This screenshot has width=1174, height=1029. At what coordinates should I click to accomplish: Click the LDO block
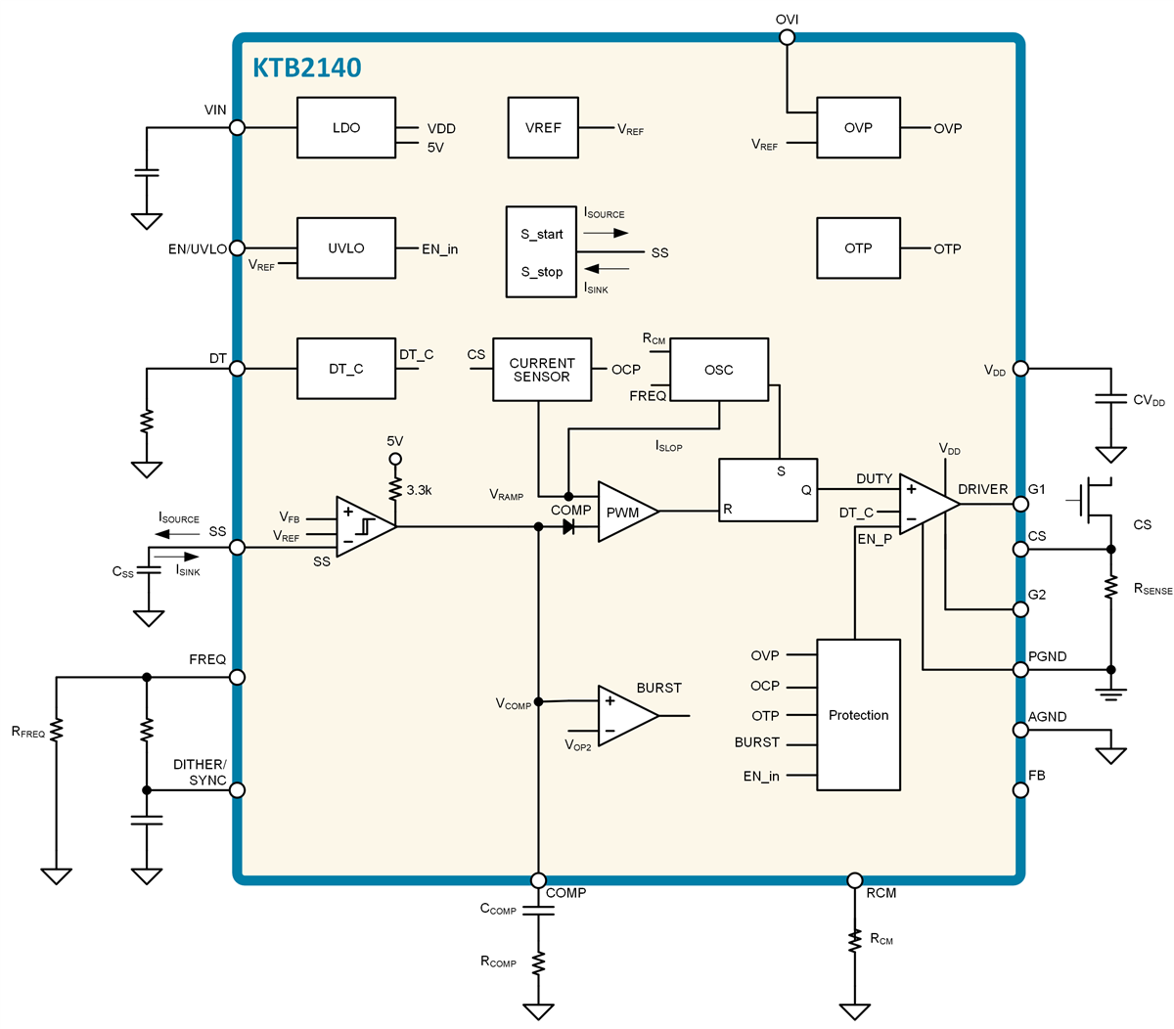[x=346, y=128]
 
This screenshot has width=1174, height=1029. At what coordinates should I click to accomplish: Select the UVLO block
[x=346, y=248]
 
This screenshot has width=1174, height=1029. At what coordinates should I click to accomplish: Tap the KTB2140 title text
[x=307, y=67]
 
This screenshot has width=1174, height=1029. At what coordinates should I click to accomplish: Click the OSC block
[x=719, y=370]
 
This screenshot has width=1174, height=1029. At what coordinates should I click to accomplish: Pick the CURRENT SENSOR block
[x=542, y=370]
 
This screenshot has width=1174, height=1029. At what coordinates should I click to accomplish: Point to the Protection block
[x=858, y=715]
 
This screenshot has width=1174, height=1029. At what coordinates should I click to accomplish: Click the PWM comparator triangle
[x=623, y=512]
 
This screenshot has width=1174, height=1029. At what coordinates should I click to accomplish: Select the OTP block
[x=858, y=248]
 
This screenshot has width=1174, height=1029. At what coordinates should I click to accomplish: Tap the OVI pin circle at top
[x=787, y=37]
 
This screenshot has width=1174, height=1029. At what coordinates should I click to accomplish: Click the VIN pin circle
[x=237, y=127]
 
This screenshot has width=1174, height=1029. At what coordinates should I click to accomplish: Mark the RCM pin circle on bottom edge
[x=854, y=880]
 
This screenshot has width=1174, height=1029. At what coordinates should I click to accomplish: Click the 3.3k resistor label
[x=419, y=490]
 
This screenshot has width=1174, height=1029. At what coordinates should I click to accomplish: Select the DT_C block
[x=346, y=369]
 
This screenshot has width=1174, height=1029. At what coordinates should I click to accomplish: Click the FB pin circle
[x=1020, y=790]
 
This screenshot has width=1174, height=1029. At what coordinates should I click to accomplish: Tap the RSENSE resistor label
[x=1152, y=589]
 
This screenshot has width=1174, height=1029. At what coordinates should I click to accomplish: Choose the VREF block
[x=543, y=128]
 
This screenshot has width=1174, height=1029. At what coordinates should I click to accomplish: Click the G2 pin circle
[x=1020, y=609]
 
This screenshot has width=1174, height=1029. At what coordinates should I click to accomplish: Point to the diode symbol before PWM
[x=568, y=527]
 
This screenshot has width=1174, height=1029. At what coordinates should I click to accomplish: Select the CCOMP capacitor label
[x=498, y=909]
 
